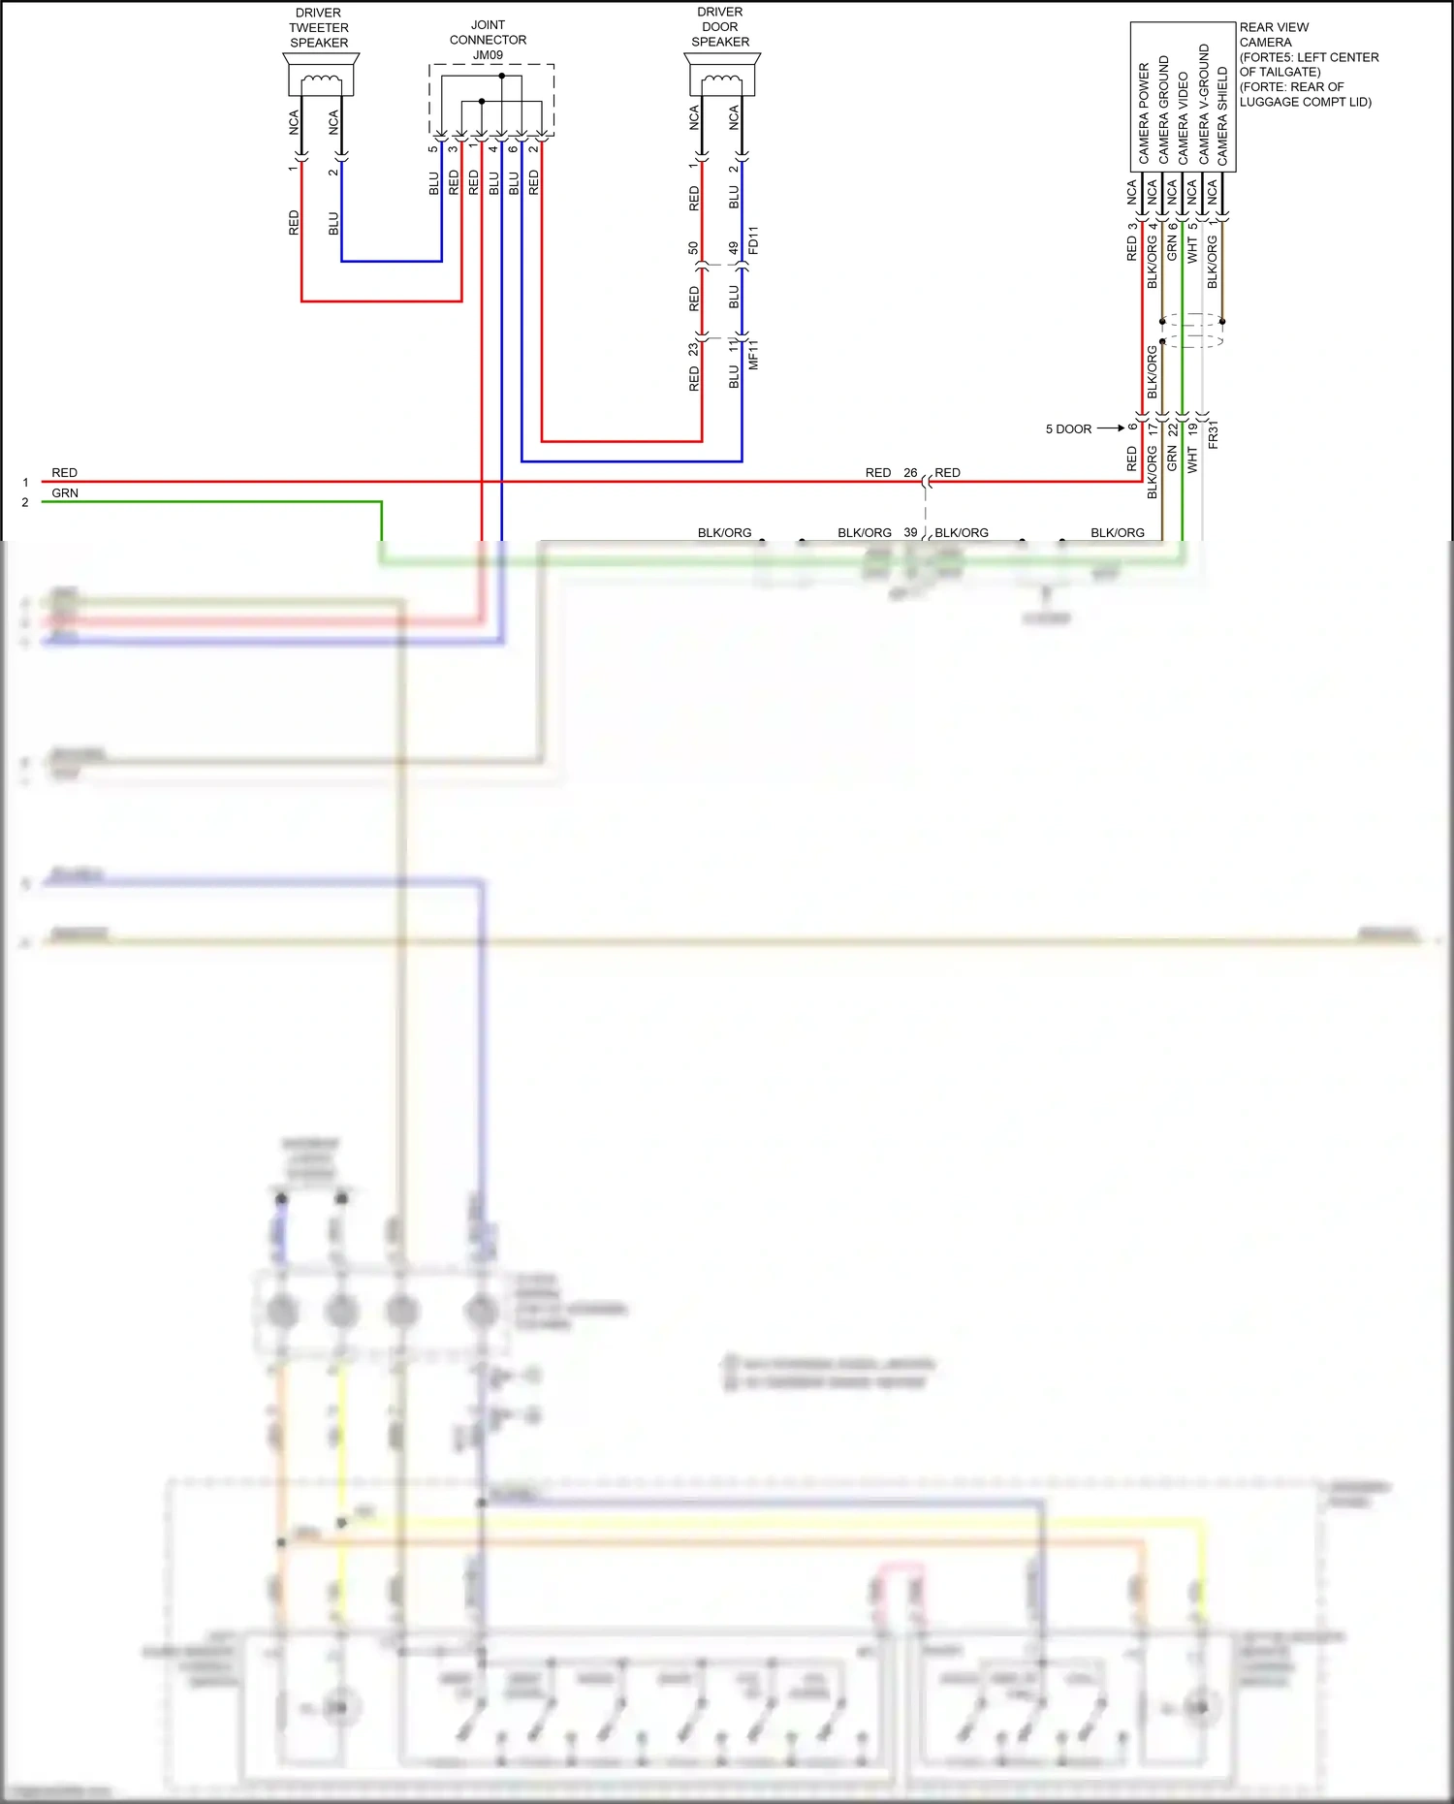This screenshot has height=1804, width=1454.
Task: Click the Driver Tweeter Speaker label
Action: pos(319,28)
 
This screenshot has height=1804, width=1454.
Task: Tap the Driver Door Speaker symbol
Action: pos(722,74)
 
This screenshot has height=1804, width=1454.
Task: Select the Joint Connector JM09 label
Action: pos(488,40)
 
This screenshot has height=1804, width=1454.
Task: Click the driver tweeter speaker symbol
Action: pos(321,75)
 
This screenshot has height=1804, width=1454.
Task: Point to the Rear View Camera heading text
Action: pos(1274,35)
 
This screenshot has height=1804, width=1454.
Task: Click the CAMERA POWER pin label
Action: pos(1144,113)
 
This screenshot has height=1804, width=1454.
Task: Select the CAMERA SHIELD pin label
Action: pos(1223,115)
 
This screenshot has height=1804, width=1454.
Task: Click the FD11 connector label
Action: pos(754,240)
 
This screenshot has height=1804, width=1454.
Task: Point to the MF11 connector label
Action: pos(754,355)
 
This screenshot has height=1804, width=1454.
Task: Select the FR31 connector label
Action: pos(1214,434)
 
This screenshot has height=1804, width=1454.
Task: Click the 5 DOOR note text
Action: pos(1068,429)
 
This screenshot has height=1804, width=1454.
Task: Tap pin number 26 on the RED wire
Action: pos(910,473)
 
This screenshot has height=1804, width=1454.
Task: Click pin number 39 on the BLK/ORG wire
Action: pos(910,532)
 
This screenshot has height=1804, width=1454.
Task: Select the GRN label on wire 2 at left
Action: pos(65,493)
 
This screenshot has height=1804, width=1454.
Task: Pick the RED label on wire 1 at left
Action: pos(64,473)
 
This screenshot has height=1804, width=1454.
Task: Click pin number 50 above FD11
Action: pos(693,249)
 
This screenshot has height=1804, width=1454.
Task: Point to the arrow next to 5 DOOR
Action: pos(1111,428)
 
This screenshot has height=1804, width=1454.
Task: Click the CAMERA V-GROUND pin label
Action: pos(1204,104)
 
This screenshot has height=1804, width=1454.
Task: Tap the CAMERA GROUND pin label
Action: pos(1164,110)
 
